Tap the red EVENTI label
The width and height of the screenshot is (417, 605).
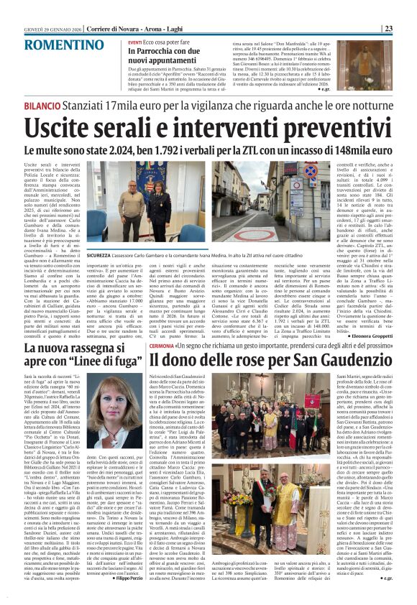[x=134, y=43]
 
